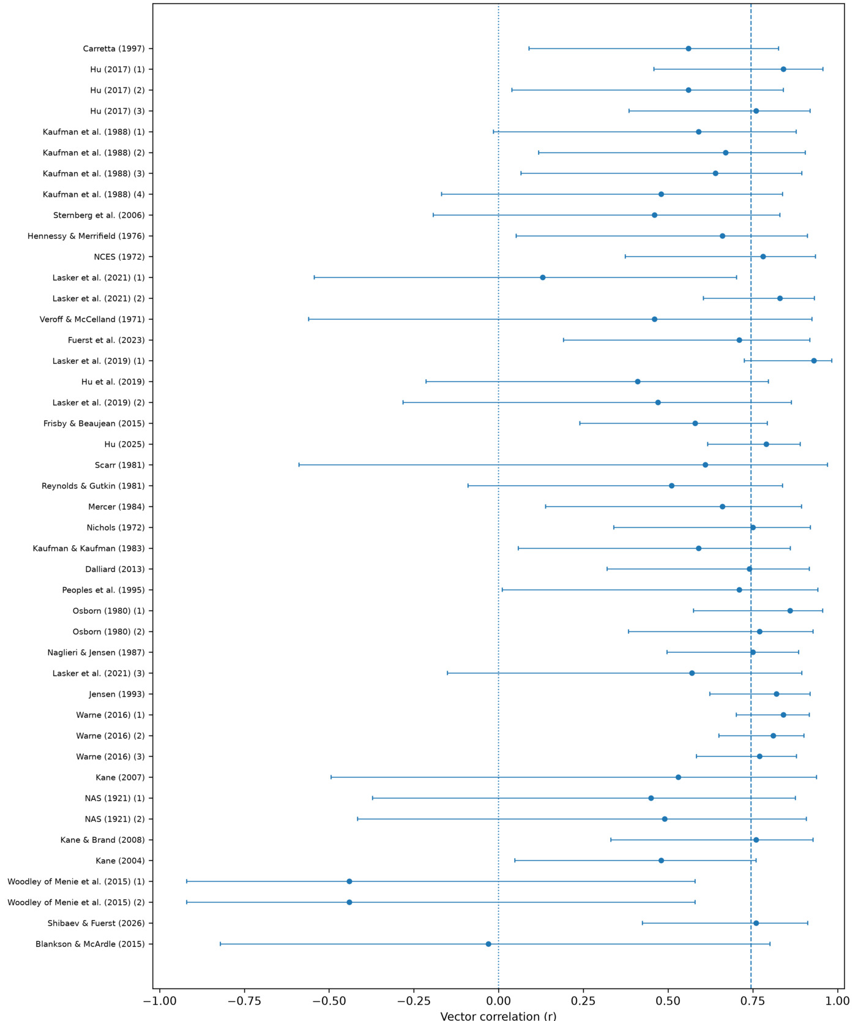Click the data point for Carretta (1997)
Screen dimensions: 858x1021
pos(688,48)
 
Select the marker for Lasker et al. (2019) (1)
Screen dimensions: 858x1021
pos(814,361)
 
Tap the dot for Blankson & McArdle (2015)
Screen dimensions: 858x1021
pos(488,944)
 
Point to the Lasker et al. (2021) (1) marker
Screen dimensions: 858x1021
pos(543,277)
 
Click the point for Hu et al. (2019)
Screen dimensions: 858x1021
pos(638,382)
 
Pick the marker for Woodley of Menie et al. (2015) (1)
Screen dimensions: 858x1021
pos(349,881)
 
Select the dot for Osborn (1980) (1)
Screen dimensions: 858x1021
pos(790,611)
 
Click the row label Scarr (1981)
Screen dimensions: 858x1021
pos(120,465)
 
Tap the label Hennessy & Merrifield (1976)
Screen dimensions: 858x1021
pos(86,236)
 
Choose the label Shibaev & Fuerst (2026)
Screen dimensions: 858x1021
pos(97,923)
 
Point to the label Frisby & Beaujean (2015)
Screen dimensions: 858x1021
pos(94,423)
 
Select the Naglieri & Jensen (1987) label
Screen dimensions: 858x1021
pos(97,652)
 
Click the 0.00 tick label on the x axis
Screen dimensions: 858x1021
pos(499,1001)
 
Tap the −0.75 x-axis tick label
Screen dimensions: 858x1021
pos(244,1001)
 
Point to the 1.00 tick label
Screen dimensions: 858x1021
pos(838,1001)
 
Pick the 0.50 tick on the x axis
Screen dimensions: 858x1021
pos(668,1001)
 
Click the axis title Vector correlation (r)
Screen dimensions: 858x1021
pos(499,1015)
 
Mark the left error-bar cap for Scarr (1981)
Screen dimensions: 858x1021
pos(299,465)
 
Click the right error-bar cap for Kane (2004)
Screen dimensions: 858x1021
pos(756,861)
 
